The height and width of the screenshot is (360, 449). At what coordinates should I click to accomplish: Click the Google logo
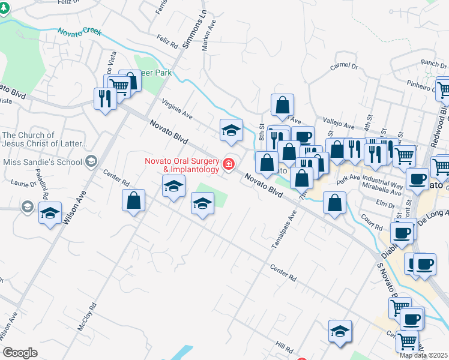[x=20, y=352]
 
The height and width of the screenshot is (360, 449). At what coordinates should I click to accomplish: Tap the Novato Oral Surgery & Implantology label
[x=182, y=165]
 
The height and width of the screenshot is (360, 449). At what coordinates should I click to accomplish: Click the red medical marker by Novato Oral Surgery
[x=228, y=164]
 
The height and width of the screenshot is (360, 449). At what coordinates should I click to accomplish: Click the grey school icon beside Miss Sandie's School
[x=91, y=161]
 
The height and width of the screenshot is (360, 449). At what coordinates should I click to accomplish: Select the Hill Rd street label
[x=285, y=348]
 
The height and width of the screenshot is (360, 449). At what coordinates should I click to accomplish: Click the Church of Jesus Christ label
[x=44, y=140]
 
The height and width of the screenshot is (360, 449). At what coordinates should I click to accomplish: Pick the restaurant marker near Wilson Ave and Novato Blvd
[x=105, y=99]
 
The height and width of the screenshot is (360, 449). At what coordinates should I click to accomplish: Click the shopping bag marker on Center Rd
[x=134, y=201]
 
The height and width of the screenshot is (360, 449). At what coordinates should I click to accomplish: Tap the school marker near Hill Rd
[x=340, y=332]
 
